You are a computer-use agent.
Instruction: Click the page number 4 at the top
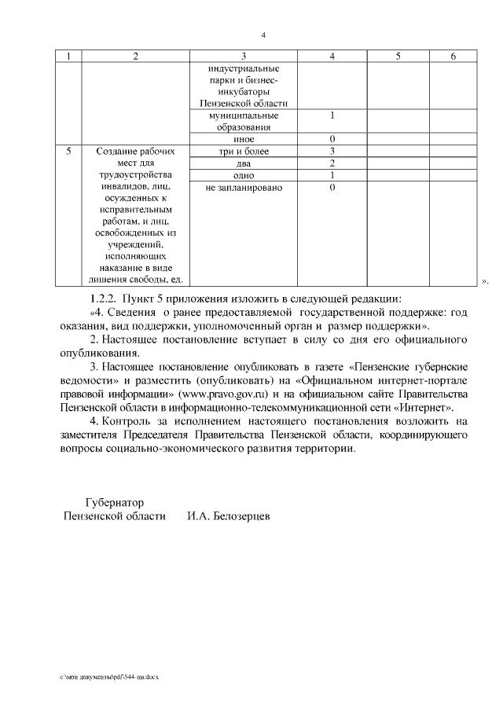coord(264,35)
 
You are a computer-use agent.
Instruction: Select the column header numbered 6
coord(453,56)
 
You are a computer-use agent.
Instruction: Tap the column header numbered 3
coord(244,56)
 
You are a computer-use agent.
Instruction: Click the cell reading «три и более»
coord(244,151)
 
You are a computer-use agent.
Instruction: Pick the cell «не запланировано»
coord(244,188)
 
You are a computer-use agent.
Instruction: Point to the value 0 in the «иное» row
coord(332,139)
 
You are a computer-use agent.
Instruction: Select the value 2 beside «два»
coord(332,163)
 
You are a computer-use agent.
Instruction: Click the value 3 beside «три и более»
coord(332,151)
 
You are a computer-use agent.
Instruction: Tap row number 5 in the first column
coord(70,151)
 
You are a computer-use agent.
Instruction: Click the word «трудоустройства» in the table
coord(136,175)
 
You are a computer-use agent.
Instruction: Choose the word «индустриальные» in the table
coord(244,68)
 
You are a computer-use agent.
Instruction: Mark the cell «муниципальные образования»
coord(244,121)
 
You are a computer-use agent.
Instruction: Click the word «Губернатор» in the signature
coord(114,500)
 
